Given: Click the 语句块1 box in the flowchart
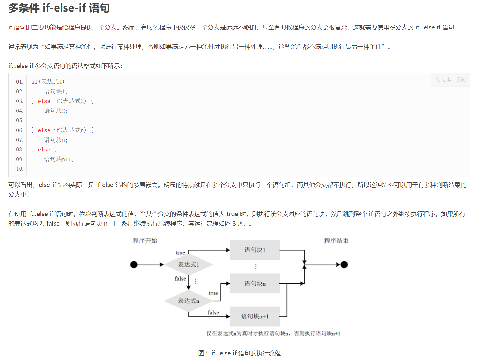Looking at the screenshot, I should [x=255, y=250].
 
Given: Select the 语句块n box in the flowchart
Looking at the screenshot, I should [x=255, y=283].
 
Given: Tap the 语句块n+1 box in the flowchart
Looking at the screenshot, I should [x=255, y=316].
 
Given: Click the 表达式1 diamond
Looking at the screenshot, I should [x=188, y=265].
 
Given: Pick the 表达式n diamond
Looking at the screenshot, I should [x=188, y=301].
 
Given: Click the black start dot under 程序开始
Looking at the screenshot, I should [x=134, y=265].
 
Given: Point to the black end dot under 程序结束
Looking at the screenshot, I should [x=344, y=265].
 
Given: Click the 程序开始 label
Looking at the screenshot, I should [x=145, y=241].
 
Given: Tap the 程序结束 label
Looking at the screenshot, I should [x=336, y=241].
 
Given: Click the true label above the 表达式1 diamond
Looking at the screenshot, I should [x=180, y=253].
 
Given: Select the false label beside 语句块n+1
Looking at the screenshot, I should [x=213, y=312].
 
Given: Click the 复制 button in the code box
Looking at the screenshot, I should [x=461, y=80].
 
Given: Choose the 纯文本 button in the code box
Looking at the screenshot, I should [x=443, y=80].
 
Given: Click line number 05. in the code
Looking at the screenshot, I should [x=20, y=120].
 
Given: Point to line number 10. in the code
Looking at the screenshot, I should [x=20, y=169].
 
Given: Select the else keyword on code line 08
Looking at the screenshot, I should [x=44, y=149].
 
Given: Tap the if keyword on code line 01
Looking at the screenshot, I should [x=35, y=82].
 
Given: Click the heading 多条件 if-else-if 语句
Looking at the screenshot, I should [x=59, y=8].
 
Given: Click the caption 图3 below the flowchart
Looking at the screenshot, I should [x=203, y=353].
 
